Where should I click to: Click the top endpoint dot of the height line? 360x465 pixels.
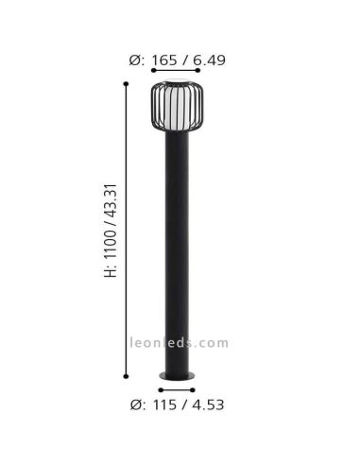tap(127, 84)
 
